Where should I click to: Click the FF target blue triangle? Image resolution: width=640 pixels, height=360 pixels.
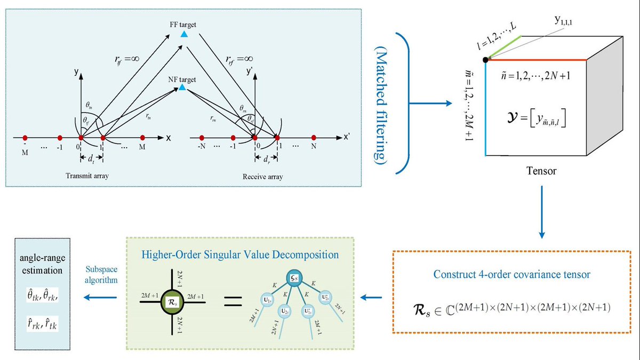point(183,34)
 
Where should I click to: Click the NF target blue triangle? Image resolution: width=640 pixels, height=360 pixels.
point(182,87)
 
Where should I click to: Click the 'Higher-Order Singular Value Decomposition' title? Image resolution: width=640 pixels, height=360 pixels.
point(240,254)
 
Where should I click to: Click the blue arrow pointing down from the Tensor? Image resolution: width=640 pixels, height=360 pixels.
point(542,211)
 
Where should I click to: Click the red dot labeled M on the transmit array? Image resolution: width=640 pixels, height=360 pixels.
point(142,138)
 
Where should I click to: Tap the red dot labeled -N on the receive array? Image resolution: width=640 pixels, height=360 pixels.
point(202,138)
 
